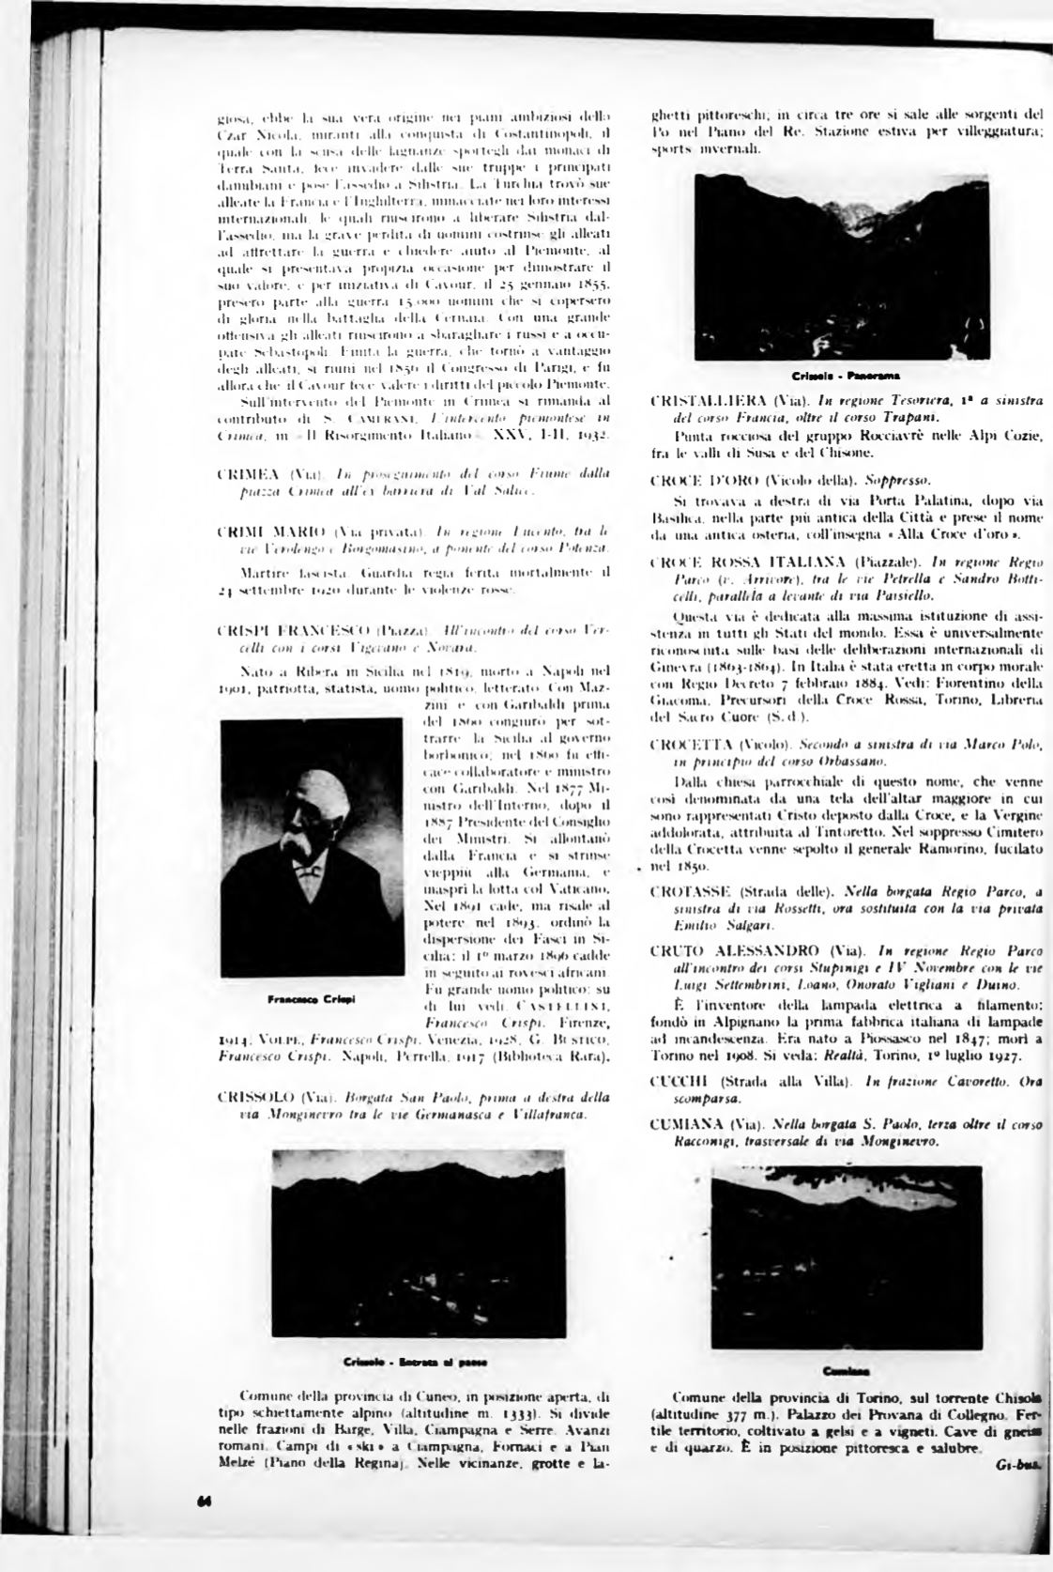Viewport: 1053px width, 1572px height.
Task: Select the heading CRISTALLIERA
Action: pyautogui.click(x=705, y=402)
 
